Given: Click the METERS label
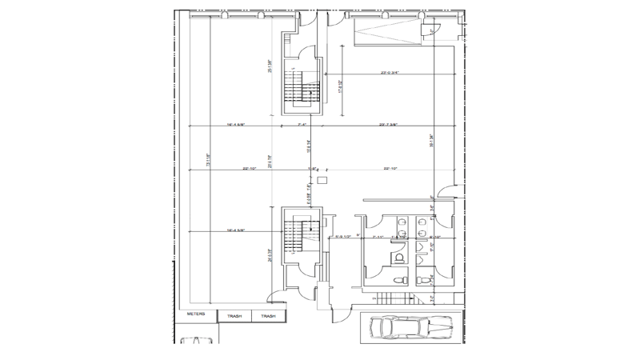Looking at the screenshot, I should click(196, 314).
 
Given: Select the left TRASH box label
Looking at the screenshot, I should click(234, 317).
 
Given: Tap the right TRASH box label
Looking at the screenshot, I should click(267, 317).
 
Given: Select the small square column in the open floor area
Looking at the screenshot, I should click(322, 182).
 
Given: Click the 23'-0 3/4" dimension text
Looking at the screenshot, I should click(390, 73).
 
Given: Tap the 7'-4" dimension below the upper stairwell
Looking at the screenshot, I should click(302, 125).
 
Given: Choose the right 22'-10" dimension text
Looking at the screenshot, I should click(391, 169).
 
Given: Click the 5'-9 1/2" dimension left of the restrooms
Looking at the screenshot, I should click(344, 237).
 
